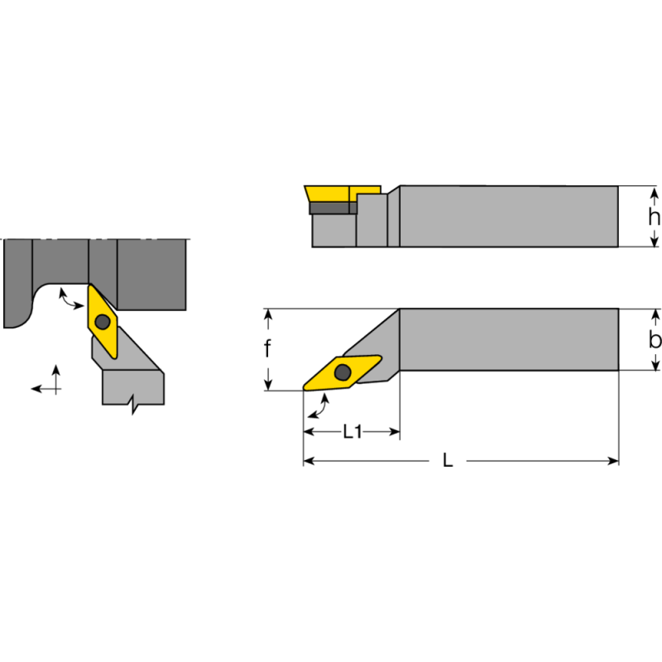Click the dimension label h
click(x=654, y=217)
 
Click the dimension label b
click(x=655, y=339)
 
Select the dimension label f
click(x=267, y=349)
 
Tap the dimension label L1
click(x=353, y=432)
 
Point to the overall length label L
click(x=448, y=461)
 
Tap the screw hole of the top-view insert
click(x=342, y=372)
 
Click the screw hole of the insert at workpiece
click(x=103, y=321)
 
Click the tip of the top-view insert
click(x=305, y=389)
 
